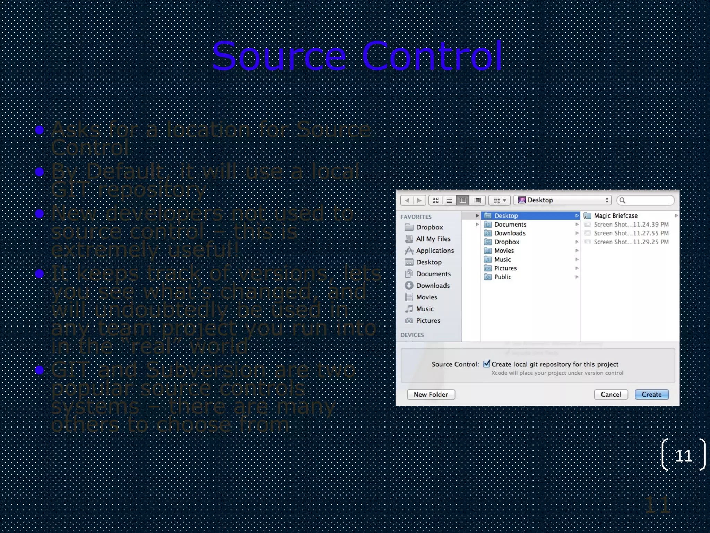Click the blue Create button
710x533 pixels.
(651, 395)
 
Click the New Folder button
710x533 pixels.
(431, 395)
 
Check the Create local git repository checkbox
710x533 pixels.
(487, 364)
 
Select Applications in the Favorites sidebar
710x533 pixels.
(435, 251)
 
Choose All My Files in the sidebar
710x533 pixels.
(433, 239)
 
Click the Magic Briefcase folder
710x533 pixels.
(615, 216)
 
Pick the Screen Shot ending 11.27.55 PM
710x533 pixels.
(631, 233)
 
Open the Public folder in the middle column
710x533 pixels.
(503, 277)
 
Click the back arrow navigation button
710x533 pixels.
(407, 200)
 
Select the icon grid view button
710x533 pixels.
(435, 200)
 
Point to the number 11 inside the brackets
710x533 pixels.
(683, 456)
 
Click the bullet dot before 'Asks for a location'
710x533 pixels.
(40, 130)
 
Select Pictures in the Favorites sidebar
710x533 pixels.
(428, 321)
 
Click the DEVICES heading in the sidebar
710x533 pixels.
(412, 335)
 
